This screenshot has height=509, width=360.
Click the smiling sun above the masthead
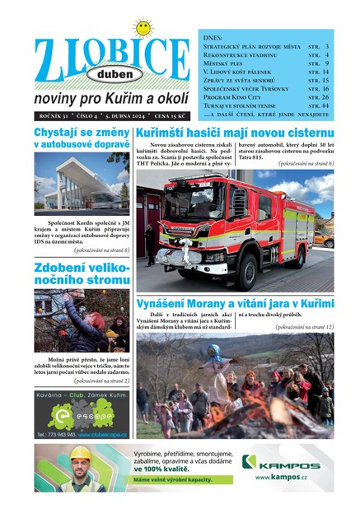[x=143, y=27]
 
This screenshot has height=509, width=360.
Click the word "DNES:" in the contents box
[x=213, y=38]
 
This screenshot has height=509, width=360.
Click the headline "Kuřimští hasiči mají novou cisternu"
[x=235, y=133]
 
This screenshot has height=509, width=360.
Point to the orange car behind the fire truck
[x=323, y=240]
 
